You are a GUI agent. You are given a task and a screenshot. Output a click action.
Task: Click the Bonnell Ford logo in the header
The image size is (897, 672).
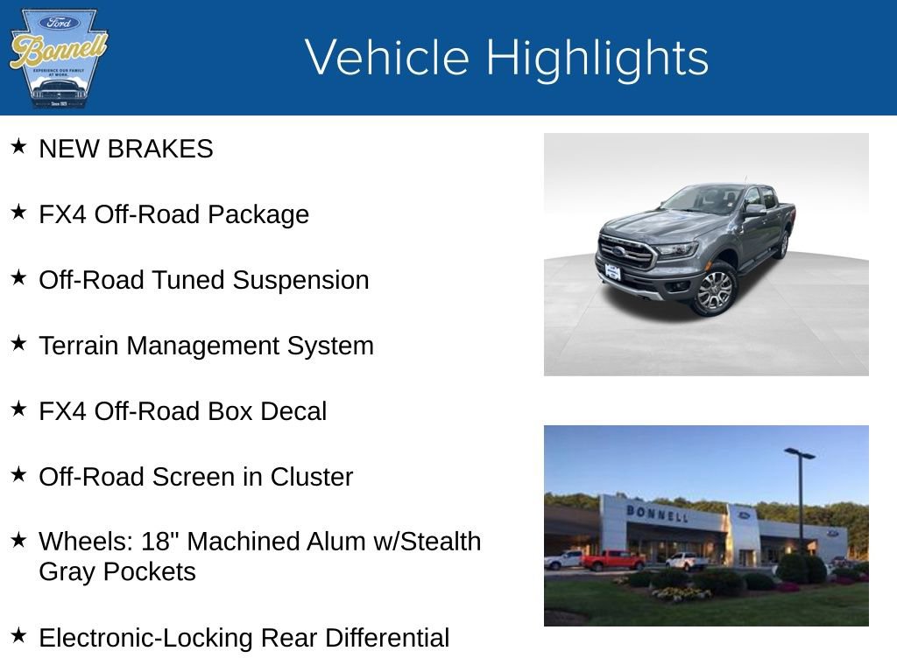(x=58, y=58)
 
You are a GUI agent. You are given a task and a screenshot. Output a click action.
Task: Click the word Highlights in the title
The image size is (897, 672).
(x=597, y=58)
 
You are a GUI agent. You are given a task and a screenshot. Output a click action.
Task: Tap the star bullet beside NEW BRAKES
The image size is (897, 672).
(x=18, y=146)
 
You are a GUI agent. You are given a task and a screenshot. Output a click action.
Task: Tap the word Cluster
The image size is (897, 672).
(x=311, y=477)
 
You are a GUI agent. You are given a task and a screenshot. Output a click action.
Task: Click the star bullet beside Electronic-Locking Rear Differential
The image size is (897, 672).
(x=18, y=635)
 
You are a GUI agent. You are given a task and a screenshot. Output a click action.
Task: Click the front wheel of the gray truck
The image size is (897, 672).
(x=713, y=290)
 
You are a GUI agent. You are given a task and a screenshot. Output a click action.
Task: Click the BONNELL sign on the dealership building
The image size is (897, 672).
(x=656, y=513)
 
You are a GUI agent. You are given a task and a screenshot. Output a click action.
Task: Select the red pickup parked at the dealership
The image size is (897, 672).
(x=612, y=560)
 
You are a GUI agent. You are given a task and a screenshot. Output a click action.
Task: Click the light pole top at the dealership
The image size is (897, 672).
(x=799, y=453)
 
